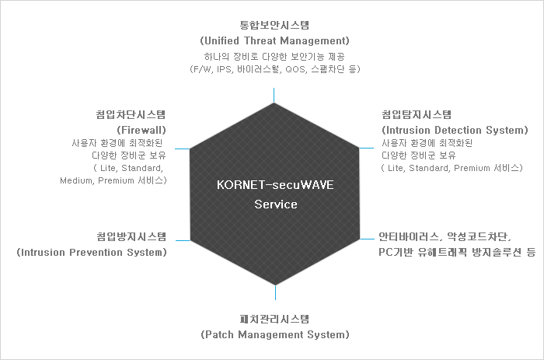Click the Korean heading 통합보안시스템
point(274,25)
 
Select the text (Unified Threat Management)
point(274,40)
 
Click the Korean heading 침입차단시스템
point(131,114)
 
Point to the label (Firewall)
point(141,130)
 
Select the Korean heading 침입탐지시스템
point(417,114)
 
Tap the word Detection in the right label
point(458,130)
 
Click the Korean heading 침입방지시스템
point(131,236)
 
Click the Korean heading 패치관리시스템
point(274,319)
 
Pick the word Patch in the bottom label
point(218,334)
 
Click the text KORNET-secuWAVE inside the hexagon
point(275,185)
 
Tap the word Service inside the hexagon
point(276,204)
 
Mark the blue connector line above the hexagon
point(274,95)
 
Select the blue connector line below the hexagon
point(275,292)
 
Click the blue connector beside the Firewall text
point(182,149)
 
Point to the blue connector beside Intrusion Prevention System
point(183,240)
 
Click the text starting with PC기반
point(457,253)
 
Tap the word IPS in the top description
point(225,69)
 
